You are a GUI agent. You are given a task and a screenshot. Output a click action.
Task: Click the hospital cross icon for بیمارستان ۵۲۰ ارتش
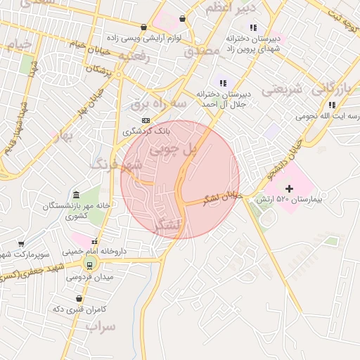tap(289, 188)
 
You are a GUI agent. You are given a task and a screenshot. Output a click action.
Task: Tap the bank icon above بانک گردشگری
tap(146, 120)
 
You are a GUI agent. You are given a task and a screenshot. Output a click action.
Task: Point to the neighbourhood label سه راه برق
tap(158, 104)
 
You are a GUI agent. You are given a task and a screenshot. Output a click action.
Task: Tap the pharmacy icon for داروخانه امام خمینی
tap(95, 240)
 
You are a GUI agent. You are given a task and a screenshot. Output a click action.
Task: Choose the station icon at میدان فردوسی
tap(89, 264)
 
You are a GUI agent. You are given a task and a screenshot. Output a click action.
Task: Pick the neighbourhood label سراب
tap(101, 327)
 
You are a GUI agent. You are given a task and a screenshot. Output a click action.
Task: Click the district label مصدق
tap(202, 53)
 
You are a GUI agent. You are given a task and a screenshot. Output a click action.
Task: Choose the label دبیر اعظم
tap(226, 8)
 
